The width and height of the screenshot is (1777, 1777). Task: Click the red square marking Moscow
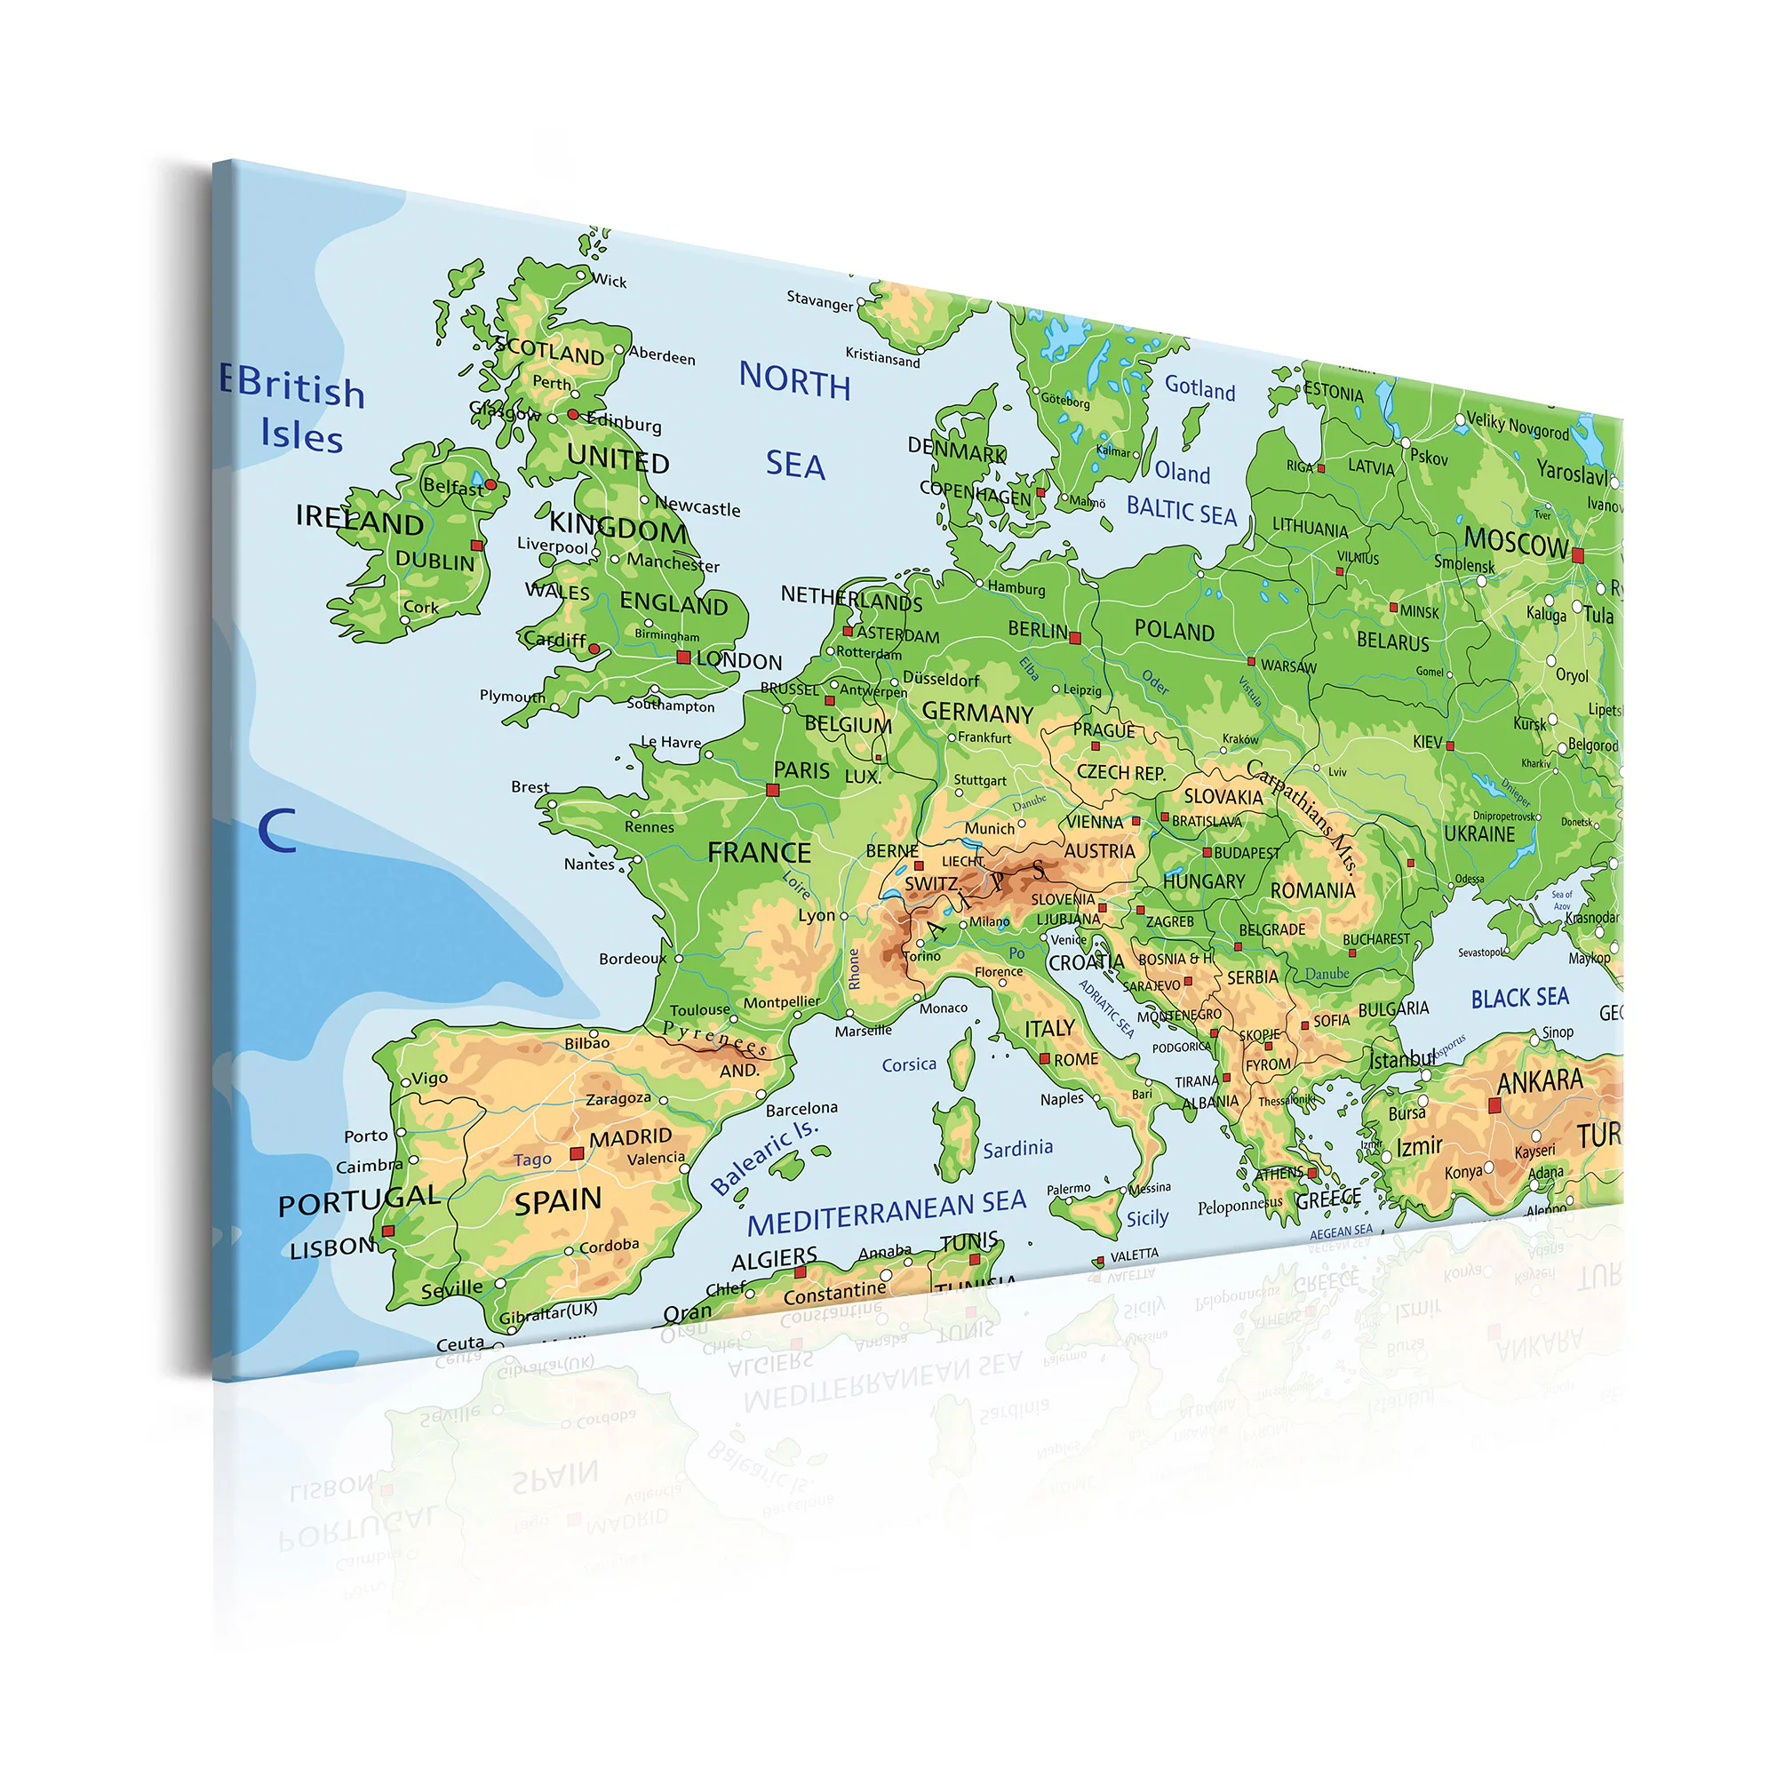click(x=1578, y=554)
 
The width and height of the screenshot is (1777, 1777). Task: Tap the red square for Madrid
click(x=577, y=1153)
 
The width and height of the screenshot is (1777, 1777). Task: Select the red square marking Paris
click(x=773, y=790)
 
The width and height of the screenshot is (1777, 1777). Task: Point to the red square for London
click(x=683, y=657)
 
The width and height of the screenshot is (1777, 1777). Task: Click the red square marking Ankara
click(x=1494, y=1106)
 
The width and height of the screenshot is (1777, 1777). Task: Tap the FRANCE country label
click(x=759, y=854)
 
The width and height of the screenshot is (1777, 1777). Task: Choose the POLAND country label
click(x=1174, y=631)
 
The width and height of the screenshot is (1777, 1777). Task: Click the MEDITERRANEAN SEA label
click(x=886, y=1212)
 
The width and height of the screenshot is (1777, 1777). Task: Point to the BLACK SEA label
click(x=1519, y=998)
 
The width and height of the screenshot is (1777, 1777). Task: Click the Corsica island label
click(x=909, y=1065)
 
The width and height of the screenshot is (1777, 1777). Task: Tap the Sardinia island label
click(x=1017, y=1149)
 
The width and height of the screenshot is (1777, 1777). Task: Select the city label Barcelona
click(x=801, y=1108)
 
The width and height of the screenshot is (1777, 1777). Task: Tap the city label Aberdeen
click(x=662, y=356)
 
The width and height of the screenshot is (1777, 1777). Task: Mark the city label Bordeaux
click(x=632, y=959)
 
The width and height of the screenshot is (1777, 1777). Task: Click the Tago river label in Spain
click(x=532, y=1159)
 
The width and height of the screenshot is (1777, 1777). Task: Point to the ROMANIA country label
click(x=1312, y=890)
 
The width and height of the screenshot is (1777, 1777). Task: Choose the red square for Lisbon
click(x=388, y=1231)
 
